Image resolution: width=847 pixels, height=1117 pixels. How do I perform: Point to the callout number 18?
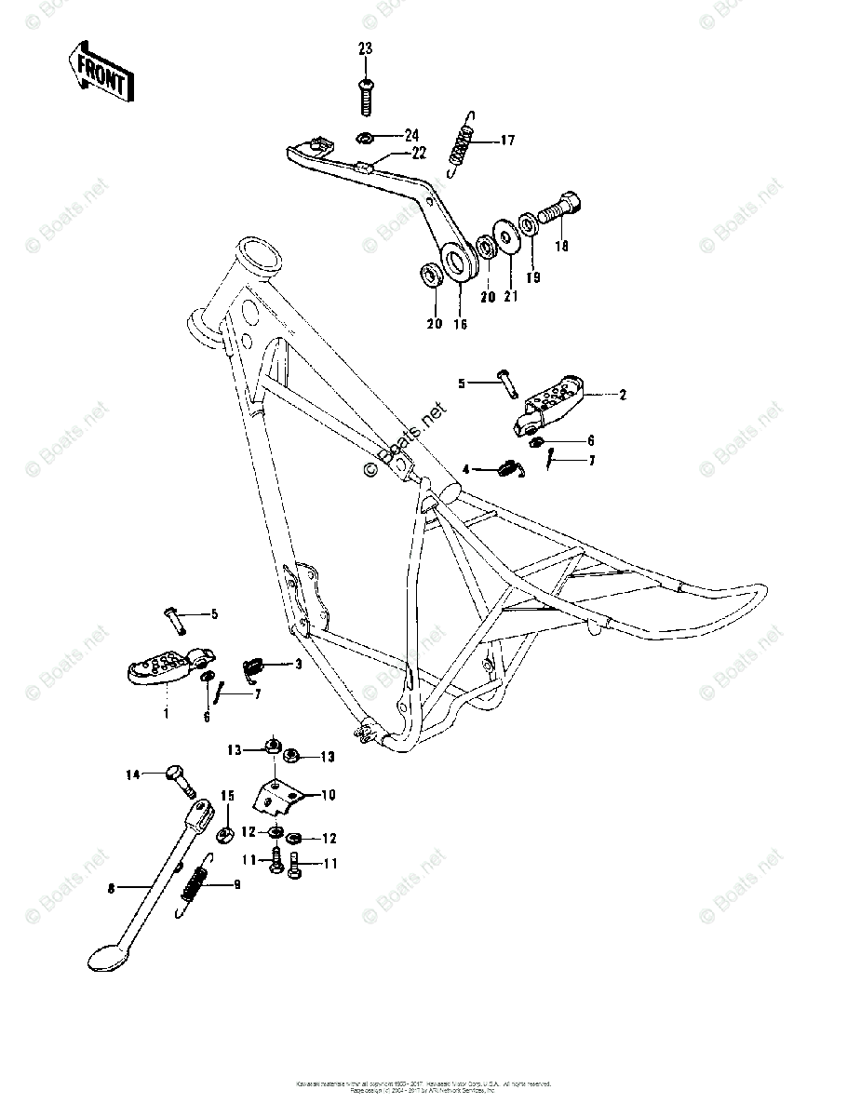point(560,247)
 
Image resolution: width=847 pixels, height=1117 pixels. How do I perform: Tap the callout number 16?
point(460,324)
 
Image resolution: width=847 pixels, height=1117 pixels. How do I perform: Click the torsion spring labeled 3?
point(253,665)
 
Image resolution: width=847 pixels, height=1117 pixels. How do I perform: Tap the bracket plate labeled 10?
point(280,794)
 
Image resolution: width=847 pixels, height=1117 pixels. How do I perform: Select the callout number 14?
point(133,774)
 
